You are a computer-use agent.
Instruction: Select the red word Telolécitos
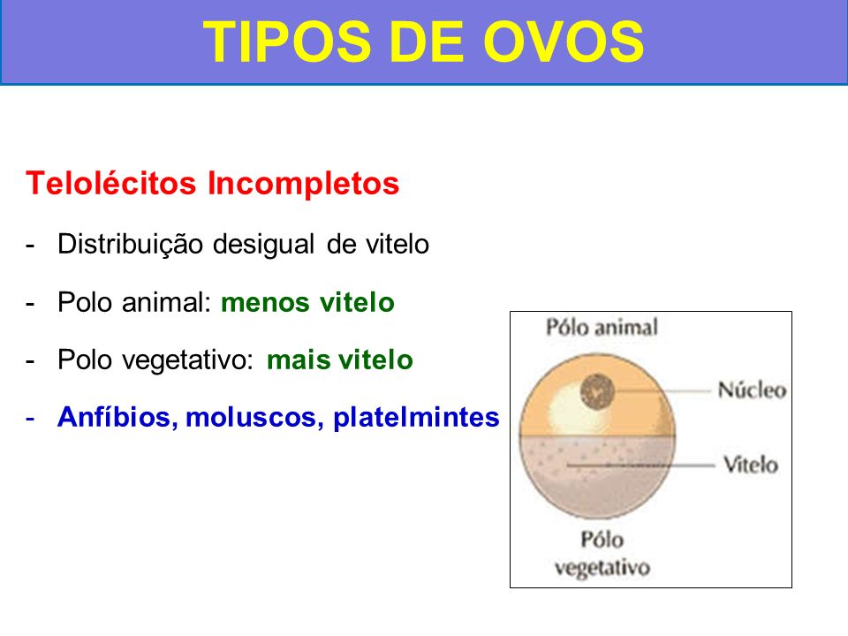[111, 183]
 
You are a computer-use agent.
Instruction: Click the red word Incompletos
[303, 184]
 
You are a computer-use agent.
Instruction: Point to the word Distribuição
[132, 245]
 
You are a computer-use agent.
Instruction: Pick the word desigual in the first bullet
[263, 245]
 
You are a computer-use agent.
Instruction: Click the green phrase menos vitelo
[307, 302]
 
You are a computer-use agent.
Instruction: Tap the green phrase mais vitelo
[339, 360]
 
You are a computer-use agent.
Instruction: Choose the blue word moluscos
[254, 418]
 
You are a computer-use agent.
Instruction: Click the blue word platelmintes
[416, 418]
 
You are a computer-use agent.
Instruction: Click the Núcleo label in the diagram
[752, 390]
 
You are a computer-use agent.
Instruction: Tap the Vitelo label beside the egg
[751, 464]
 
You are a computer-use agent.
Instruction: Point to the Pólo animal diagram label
[602, 327]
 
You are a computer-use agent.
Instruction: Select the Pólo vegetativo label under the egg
[602, 553]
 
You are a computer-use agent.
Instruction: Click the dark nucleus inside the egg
[598, 390]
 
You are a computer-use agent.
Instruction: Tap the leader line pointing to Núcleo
[662, 390]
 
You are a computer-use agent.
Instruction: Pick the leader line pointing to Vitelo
[641, 465]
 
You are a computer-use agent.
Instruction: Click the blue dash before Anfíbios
[30, 419]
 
